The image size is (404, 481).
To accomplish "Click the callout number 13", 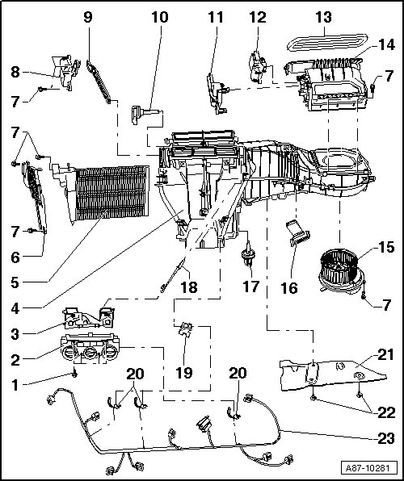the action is [x=323, y=17].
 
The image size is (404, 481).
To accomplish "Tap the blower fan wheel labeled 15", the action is [x=339, y=269].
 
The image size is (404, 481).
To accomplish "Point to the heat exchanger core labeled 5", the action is [x=112, y=193].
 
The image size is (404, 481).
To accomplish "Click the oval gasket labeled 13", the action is [x=327, y=42].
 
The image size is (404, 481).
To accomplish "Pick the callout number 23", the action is [x=386, y=438].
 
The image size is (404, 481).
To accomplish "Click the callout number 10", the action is [x=160, y=17].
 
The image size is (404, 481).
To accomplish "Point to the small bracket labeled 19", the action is [x=186, y=329].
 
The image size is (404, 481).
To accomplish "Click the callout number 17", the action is [x=251, y=287].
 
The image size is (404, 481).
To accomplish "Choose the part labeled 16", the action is [x=298, y=233].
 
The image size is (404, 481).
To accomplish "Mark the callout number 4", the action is [x=15, y=308].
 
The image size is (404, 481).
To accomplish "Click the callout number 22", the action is [x=386, y=413].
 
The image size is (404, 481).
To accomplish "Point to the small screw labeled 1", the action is [x=74, y=374].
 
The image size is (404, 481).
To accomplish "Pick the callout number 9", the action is [x=88, y=17].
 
